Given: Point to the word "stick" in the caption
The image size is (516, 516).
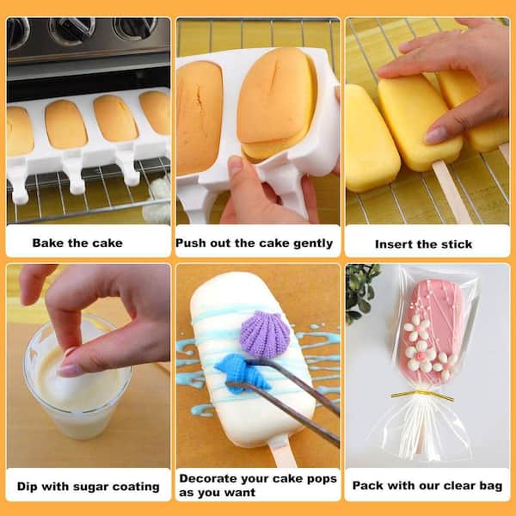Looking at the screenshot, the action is (x=457, y=244).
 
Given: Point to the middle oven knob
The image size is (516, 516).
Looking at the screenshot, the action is (x=71, y=29).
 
